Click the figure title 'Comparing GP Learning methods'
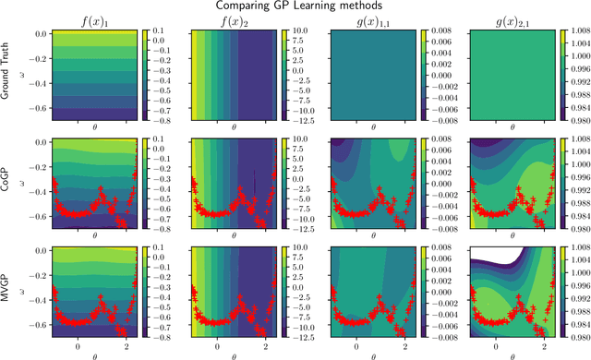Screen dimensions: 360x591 click(x=295, y=6)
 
